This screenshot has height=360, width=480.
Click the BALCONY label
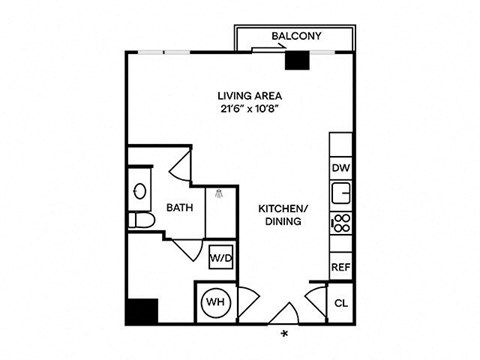click(x=295, y=38)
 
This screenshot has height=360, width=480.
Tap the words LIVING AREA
click(x=250, y=96)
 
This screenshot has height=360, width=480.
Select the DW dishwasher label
click(x=340, y=168)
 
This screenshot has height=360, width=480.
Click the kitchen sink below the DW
click(x=341, y=193)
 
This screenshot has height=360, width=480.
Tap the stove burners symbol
click(x=340, y=222)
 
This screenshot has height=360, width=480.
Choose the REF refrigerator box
click(x=341, y=268)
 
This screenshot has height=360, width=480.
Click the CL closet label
click(x=341, y=303)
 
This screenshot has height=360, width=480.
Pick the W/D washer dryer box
click(x=220, y=257)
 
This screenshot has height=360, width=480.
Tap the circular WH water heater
click(x=214, y=303)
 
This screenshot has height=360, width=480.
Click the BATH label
click(x=179, y=209)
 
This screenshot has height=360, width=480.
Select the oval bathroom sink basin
click(x=139, y=189)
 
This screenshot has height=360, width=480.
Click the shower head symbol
click(x=219, y=193)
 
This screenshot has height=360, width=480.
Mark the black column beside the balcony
click(x=296, y=60)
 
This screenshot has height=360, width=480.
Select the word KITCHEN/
click(x=284, y=208)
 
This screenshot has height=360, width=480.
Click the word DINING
click(x=284, y=221)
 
